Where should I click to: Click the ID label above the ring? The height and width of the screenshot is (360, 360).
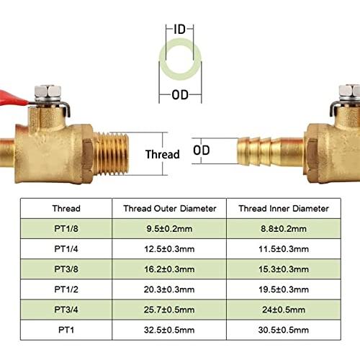(x=180, y=29)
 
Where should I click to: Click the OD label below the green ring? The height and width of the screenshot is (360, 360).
(x=180, y=95)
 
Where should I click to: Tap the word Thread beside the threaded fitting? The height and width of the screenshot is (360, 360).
(x=163, y=154)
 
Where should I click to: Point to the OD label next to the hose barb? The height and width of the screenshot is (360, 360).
(x=202, y=150)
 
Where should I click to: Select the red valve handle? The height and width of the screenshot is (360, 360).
(x=13, y=99)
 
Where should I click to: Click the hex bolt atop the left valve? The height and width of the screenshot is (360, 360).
(x=48, y=93)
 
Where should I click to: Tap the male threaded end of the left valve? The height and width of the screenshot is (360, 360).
(x=111, y=153)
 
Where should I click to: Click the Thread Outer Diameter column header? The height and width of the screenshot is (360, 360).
(x=170, y=209)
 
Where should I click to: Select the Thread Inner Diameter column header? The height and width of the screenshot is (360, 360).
(x=284, y=209)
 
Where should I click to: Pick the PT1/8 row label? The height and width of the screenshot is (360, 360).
(x=66, y=228)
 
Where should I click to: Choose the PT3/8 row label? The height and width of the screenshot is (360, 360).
(x=66, y=269)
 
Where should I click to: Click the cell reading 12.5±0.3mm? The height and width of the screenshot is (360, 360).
(x=169, y=249)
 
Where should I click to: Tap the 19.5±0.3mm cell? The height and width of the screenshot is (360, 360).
(x=284, y=289)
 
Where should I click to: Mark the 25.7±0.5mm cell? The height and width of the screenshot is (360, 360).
(x=169, y=310)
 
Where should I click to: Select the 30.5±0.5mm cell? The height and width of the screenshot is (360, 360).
(x=284, y=330)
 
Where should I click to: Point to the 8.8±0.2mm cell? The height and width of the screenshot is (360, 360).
(x=284, y=228)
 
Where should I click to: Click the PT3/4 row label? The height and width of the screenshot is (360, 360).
(x=66, y=310)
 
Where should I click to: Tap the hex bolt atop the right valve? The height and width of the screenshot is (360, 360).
(x=349, y=93)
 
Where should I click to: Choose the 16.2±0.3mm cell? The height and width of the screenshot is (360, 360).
(x=169, y=269)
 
